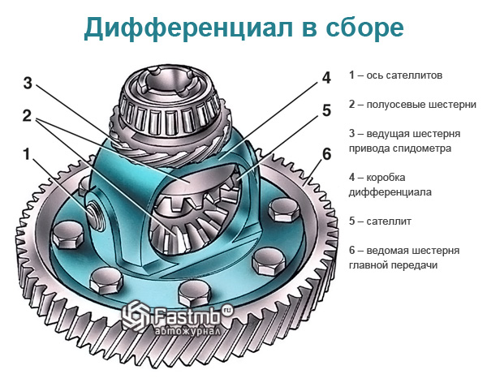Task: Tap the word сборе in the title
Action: click(x=362, y=29)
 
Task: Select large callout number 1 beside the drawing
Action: click(x=28, y=153)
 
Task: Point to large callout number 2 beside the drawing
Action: click(x=28, y=116)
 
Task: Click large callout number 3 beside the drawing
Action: click(x=28, y=83)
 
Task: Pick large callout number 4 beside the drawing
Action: click(x=325, y=78)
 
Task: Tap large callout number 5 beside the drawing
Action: click(x=325, y=110)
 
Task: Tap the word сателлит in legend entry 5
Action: click(x=399, y=221)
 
